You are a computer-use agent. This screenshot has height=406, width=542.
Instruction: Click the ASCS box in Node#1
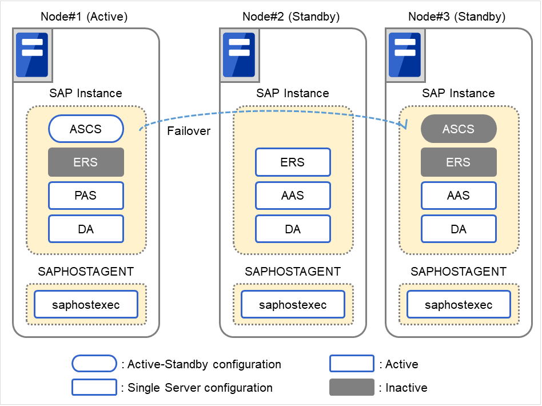[86, 129]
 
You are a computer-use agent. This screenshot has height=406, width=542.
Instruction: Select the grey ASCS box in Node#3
[459, 129]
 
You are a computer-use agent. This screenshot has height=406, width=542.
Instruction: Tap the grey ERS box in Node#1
[86, 162]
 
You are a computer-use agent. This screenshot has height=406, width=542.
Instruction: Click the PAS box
[86, 196]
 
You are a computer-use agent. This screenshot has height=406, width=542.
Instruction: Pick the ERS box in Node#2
[293, 162]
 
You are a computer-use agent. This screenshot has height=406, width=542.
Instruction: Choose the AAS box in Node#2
[293, 196]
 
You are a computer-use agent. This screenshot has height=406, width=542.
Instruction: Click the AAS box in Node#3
[459, 196]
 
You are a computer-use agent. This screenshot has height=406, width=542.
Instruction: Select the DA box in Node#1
[86, 229]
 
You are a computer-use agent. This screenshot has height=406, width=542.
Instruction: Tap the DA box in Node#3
[459, 229]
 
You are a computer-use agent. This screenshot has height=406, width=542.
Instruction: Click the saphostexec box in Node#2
[293, 305]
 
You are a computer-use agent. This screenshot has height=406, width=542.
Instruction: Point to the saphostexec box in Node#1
[86, 305]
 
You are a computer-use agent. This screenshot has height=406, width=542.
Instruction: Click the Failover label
[189, 131]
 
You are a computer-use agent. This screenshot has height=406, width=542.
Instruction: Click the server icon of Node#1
[32, 55]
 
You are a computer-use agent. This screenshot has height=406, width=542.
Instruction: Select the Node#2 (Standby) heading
[291, 17]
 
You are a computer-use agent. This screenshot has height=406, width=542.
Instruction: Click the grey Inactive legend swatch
[352, 388]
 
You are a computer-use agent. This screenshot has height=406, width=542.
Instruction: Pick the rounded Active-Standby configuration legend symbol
[94, 364]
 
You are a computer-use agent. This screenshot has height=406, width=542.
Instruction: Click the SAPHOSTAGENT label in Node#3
[459, 272]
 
